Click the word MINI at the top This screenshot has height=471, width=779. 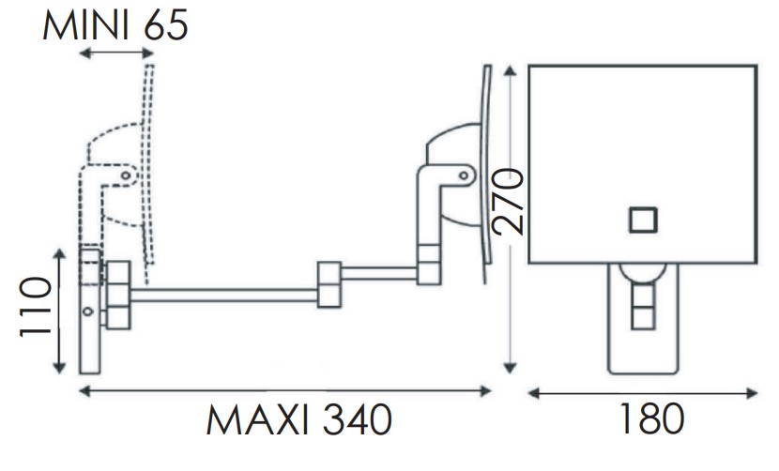[85, 25]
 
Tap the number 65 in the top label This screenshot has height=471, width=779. [165, 25]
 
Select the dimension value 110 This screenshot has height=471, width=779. [36, 307]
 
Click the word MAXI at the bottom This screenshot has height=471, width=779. [258, 419]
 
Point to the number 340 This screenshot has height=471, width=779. [358, 419]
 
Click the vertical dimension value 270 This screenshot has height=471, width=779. [508, 201]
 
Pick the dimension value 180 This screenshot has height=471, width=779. [651, 418]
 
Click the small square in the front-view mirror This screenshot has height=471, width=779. [643, 220]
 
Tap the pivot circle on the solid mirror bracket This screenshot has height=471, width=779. [464, 175]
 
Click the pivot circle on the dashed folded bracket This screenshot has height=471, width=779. [126, 175]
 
